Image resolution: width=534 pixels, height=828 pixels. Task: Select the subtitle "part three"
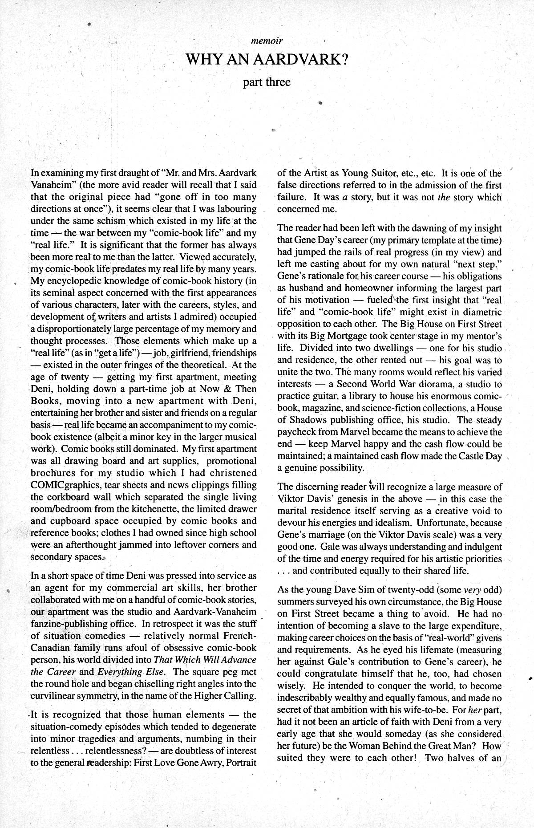pos(267,82)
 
